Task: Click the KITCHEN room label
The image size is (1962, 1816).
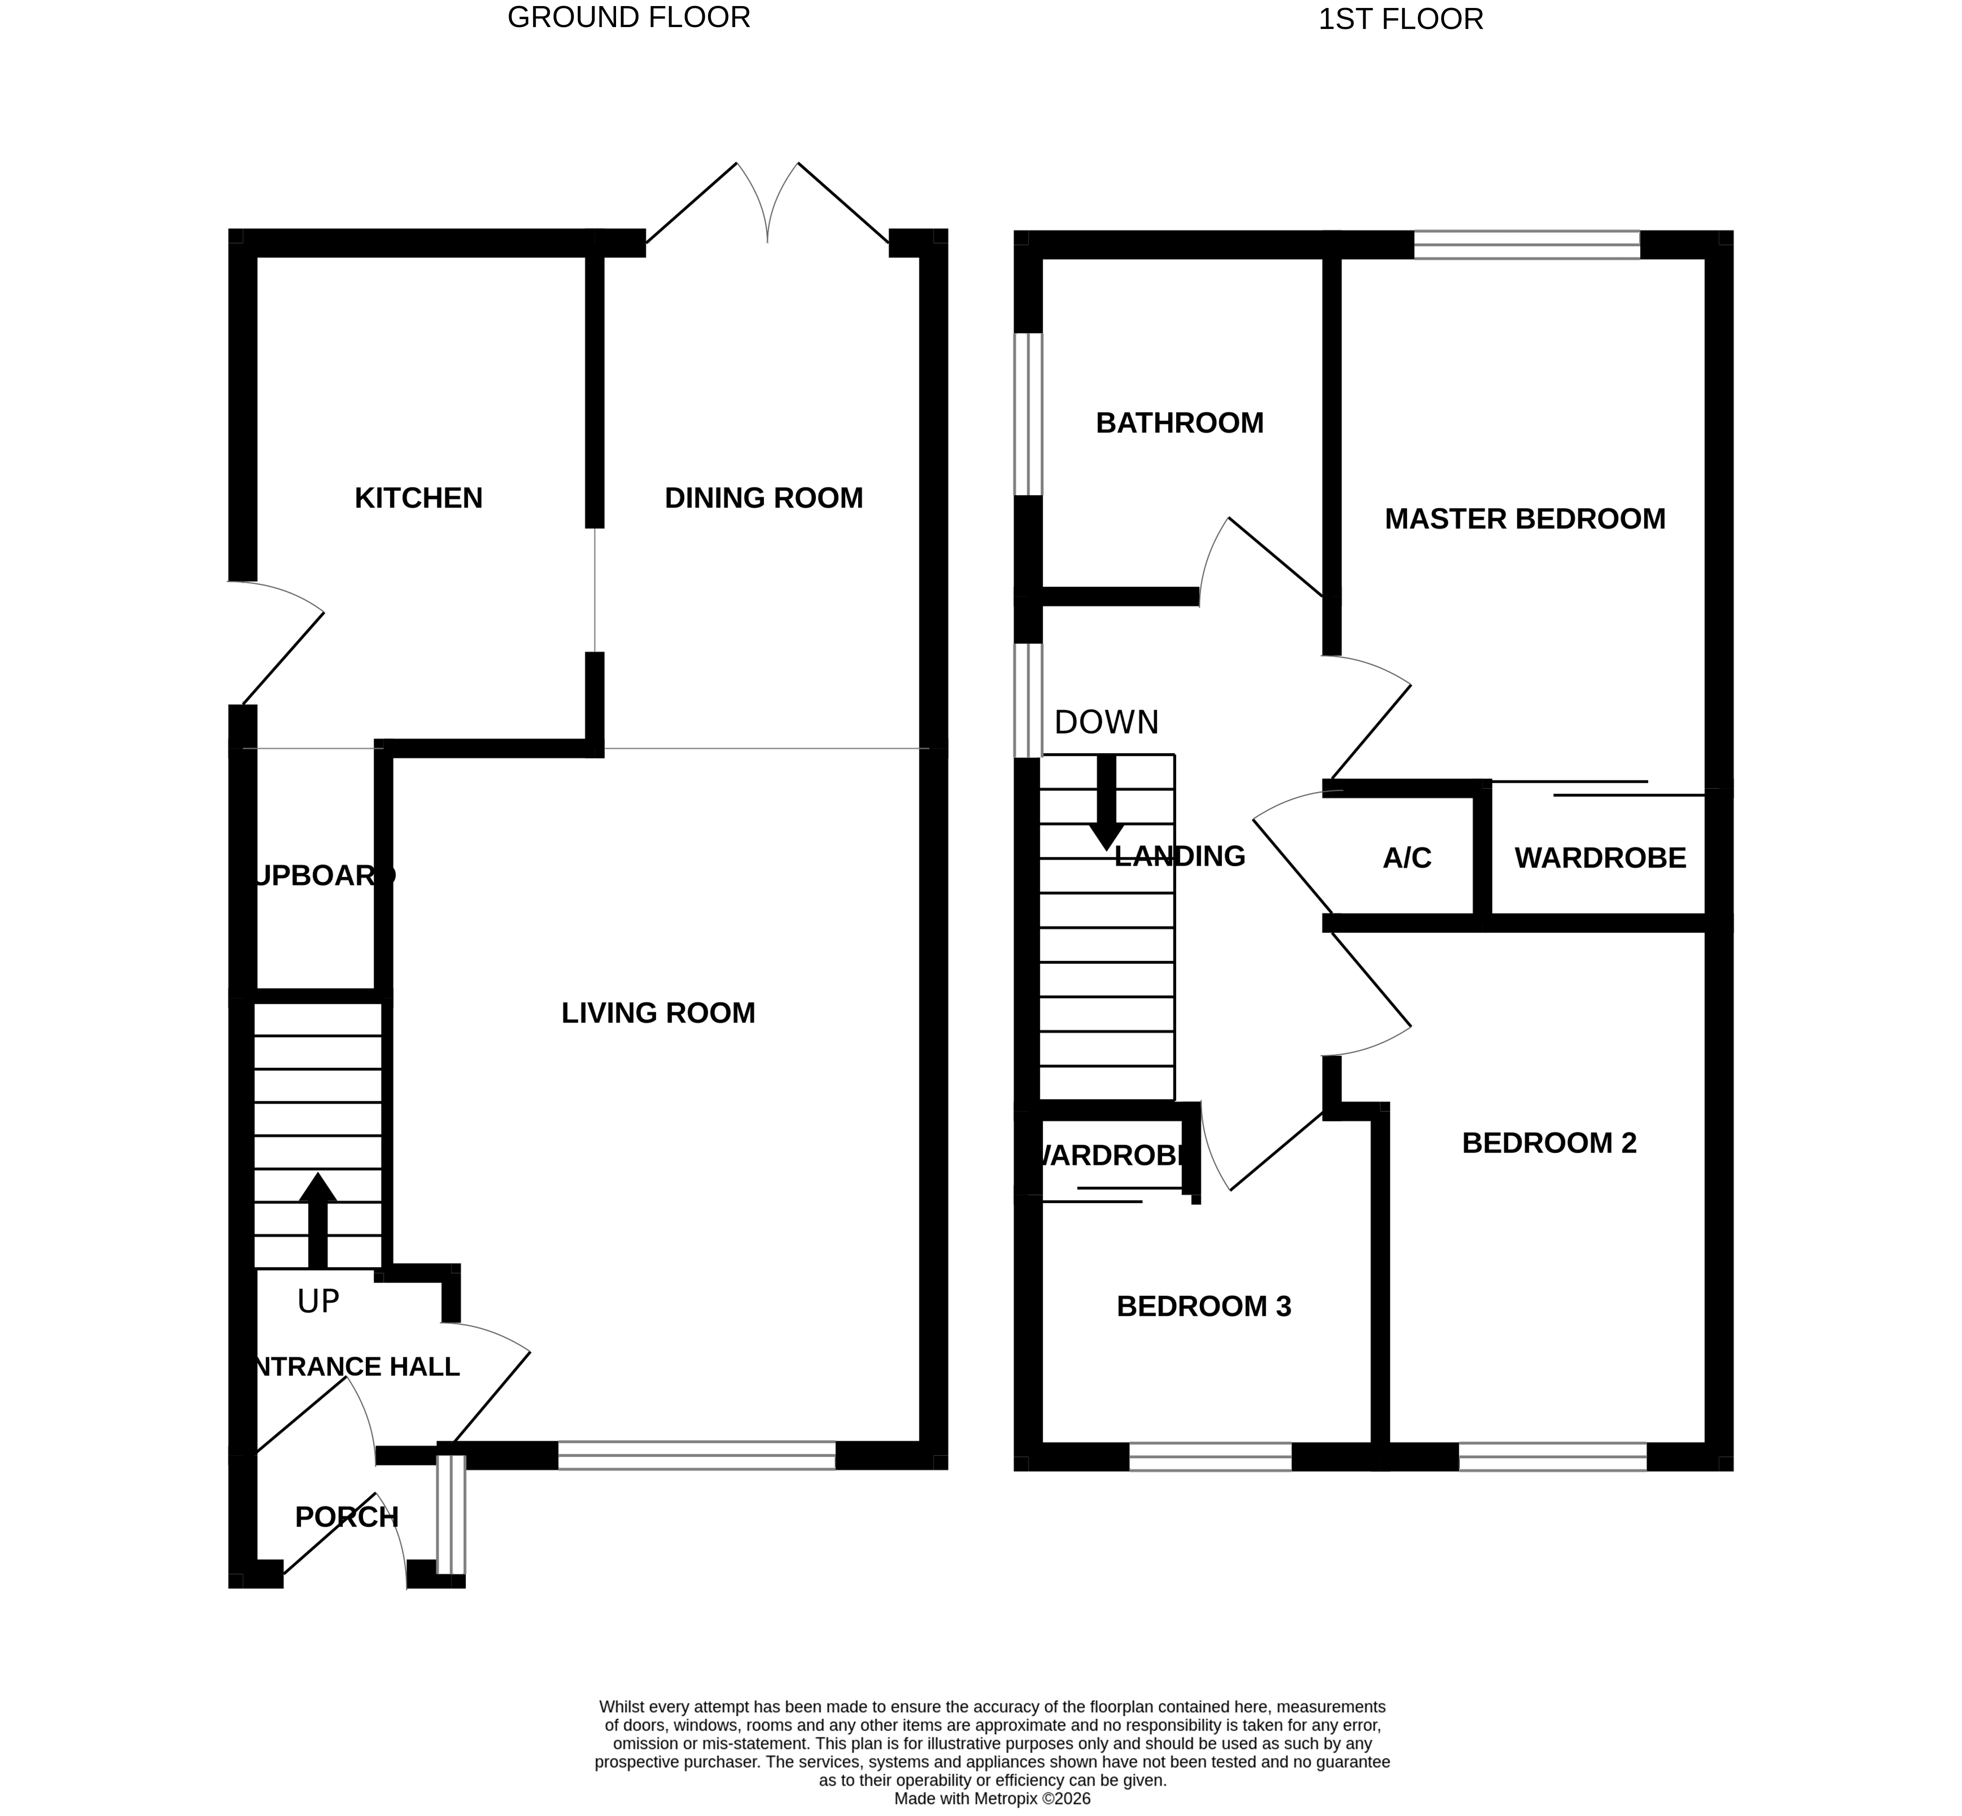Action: click(x=419, y=498)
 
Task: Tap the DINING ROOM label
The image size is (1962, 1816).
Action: click(x=764, y=498)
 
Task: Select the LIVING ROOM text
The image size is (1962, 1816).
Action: click(x=658, y=1013)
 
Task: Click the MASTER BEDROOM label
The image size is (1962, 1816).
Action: click(x=1525, y=519)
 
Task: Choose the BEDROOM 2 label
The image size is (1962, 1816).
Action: click(x=1549, y=1143)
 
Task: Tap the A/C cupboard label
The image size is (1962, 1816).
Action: click(x=1407, y=859)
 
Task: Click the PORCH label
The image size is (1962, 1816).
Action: click(x=347, y=1517)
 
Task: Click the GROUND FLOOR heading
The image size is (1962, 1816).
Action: click(x=629, y=18)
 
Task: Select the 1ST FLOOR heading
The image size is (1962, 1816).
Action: click(x=1400, y=20)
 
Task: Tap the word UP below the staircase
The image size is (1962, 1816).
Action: click(x=318, y=1302)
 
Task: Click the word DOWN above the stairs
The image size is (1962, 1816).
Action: click(x=1106, y=723)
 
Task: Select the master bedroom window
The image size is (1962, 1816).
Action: click(x=1526, y=245)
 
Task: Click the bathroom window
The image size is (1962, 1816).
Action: click(x=1028, y=414)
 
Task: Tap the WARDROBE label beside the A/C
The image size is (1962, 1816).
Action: click(x=1599, y=859)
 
